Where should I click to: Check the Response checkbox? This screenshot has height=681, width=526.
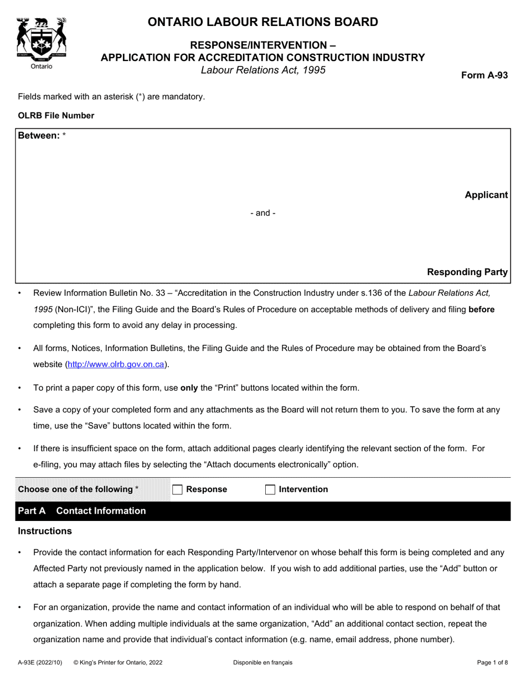[178, 489]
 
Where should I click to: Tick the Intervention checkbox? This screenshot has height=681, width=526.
[270, 489]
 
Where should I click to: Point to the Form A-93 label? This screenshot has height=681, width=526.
[484, 76]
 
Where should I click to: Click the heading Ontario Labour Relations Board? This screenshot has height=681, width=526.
[262, 22]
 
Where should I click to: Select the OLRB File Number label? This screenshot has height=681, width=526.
[56, 116]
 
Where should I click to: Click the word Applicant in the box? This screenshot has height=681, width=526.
[486, 195]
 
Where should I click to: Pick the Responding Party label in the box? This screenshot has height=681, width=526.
[467, 272]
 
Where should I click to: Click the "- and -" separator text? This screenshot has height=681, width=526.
[262, 213]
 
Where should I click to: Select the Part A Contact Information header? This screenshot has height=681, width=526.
[82, 511]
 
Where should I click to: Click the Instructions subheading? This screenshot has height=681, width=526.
[45, 532]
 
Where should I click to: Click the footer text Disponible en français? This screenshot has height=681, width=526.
[262, 662]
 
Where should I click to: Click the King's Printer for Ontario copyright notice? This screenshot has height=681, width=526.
[118, 662]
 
